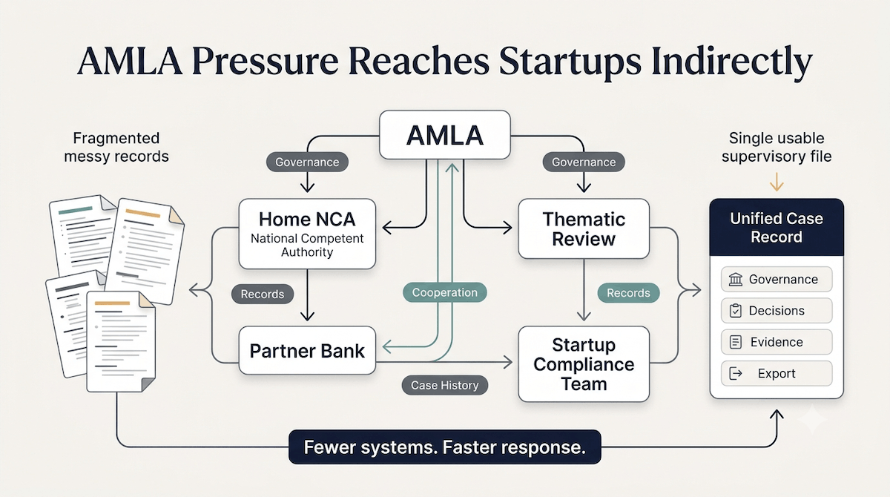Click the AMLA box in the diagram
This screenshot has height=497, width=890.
pyautogui.click(x=444, y=135)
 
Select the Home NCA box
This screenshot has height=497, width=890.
pyautogui.click(x=307, y=234)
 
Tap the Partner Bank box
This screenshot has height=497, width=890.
pyautogui.click(x=307, y=350)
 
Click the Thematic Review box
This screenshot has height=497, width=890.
pyautogui.click(x=584, y=228)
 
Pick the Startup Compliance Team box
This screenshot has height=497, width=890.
pyautogui.click(x=584, y=364)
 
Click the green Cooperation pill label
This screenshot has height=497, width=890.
pyautogui.click(x=444, y=292)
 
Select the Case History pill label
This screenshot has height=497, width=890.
pyautogui.click(x=444, y=385)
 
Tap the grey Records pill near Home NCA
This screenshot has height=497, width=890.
pyautogui.click(x=263, y=294)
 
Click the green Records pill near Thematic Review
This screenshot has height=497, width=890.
pyautogui.click(x=629, y=293)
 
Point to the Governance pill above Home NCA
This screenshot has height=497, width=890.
pyautogui.click(x=307, y=162)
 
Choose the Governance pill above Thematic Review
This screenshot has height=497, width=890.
pyautogui.click(x=584, y=162)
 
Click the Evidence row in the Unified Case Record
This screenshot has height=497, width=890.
pyautogui.click(x=777, y=342)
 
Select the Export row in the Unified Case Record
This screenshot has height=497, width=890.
pyautogui.click(x=777, y=373)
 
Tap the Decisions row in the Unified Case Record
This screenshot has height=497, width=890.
pyautogui.click(x=777, y=310)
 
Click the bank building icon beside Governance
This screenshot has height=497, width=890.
pyautogui.click(x=736, y=280)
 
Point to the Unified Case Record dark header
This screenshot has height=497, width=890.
pyautogui.click(x=777, y=227)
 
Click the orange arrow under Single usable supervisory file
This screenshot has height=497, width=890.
pyautogui.click(x=777, y=182)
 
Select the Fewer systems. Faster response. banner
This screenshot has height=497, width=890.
pyautogui.click(x=444, y=447)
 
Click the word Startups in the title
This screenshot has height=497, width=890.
pyautogui.click(x=570, y=62)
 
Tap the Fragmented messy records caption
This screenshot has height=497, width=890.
pyautogui.click(x=116, y=147)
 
